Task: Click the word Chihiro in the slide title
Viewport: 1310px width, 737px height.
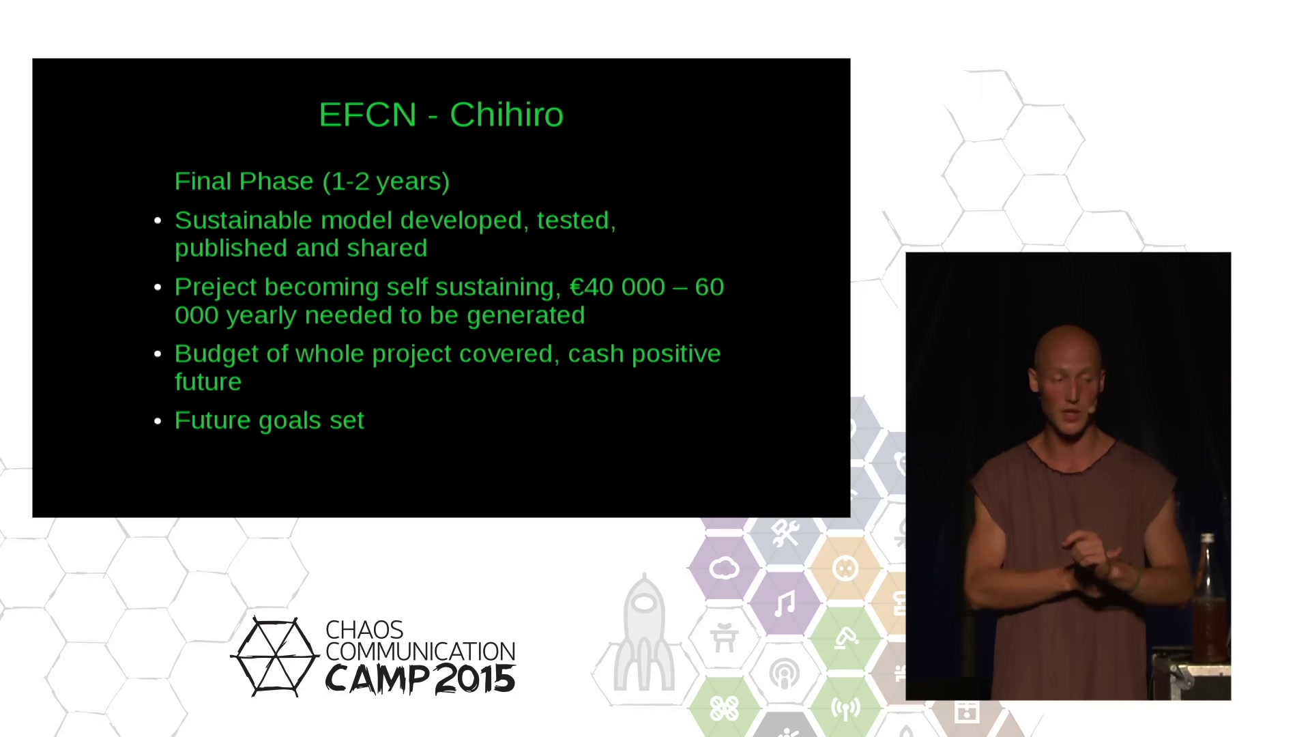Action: click(506, 115)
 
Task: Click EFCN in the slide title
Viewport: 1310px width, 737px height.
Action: click(368, 115)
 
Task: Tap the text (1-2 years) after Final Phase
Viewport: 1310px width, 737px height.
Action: click(386, 182)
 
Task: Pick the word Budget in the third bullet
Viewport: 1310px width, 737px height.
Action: click(216, 354)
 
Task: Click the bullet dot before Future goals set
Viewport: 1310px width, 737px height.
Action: click(158, 421)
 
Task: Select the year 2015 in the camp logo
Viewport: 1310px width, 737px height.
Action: click(475, 678)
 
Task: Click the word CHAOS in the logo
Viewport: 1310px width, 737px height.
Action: click(364, 630)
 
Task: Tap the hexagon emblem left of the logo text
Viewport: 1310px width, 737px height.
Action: click(275, 656)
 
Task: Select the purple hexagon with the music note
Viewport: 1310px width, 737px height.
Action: click(785, 603)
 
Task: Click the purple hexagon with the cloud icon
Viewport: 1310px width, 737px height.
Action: click(724, 568)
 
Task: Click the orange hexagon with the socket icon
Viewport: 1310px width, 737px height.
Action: click(845, 568)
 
